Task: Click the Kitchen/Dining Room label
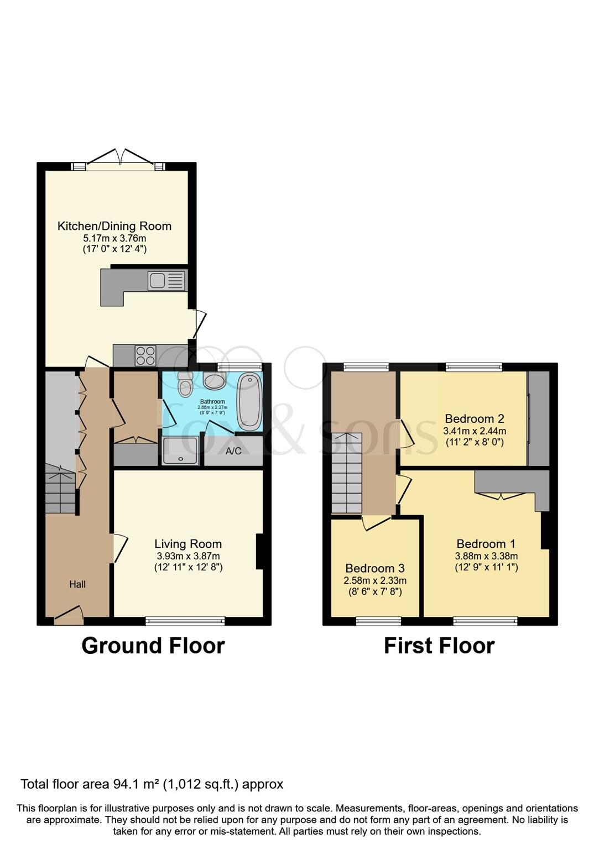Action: (x=114, y=226)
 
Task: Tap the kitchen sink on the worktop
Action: (x=166, y=281)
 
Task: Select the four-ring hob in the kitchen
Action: (x=145, y=355)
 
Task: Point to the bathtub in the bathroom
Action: (x=249, y=402)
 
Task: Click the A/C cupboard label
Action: (x=233, y=451)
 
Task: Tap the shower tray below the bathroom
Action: (x=180, y=452)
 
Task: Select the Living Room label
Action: (x=188, y=544)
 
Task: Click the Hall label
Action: (x=77, y=584)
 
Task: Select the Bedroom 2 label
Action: (x=474, y=418)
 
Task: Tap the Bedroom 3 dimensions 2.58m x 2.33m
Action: (x=375, y=580)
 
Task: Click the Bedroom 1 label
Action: (x=486, y=544)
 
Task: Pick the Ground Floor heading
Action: (x=153, y=646)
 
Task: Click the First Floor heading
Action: (x=439, y=646)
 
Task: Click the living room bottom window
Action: (x=185, y=621)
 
